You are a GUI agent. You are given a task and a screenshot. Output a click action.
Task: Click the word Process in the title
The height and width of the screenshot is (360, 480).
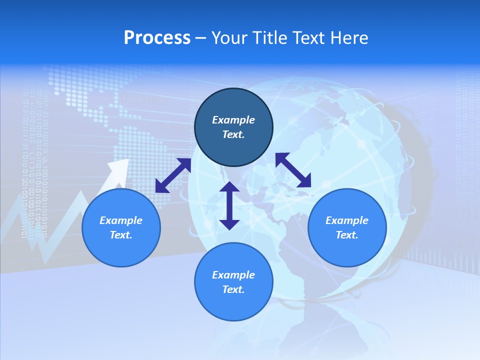coord(157,38)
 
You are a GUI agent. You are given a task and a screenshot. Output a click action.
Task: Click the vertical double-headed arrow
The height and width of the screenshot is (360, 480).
coord(229,205)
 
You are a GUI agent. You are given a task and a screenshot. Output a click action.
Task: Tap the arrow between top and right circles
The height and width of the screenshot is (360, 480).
coord(293,170)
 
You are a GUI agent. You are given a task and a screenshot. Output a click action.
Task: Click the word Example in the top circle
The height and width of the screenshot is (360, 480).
coord(233,120)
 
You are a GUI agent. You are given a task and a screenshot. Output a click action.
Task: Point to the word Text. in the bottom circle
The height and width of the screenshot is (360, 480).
coord(233,289)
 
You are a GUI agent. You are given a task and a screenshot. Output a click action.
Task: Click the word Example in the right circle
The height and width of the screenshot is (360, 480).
coord(347,220)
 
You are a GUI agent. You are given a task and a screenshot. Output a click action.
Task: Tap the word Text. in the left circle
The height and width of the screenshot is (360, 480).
coord(121,235)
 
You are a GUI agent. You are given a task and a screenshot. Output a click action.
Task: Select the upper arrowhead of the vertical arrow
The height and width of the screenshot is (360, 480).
coord(229,188)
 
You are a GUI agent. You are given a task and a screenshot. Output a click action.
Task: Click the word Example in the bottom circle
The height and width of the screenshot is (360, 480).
coord(233,275)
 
